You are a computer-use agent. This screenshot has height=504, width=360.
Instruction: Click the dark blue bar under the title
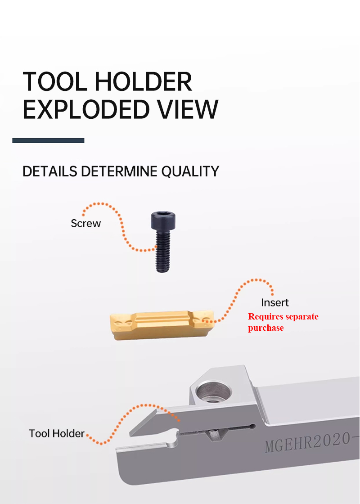coord(48,140)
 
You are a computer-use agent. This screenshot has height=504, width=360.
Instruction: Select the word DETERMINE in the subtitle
coord(120,171)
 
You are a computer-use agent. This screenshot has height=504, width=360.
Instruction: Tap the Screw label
coord(85,223)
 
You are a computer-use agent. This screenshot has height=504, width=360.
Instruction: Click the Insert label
coord(274,302)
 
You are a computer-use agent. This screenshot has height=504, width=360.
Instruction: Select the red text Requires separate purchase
coord(283,322)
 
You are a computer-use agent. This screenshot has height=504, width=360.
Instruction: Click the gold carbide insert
coord(162,323)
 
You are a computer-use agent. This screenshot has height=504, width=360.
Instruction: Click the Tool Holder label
coord(57,433)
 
